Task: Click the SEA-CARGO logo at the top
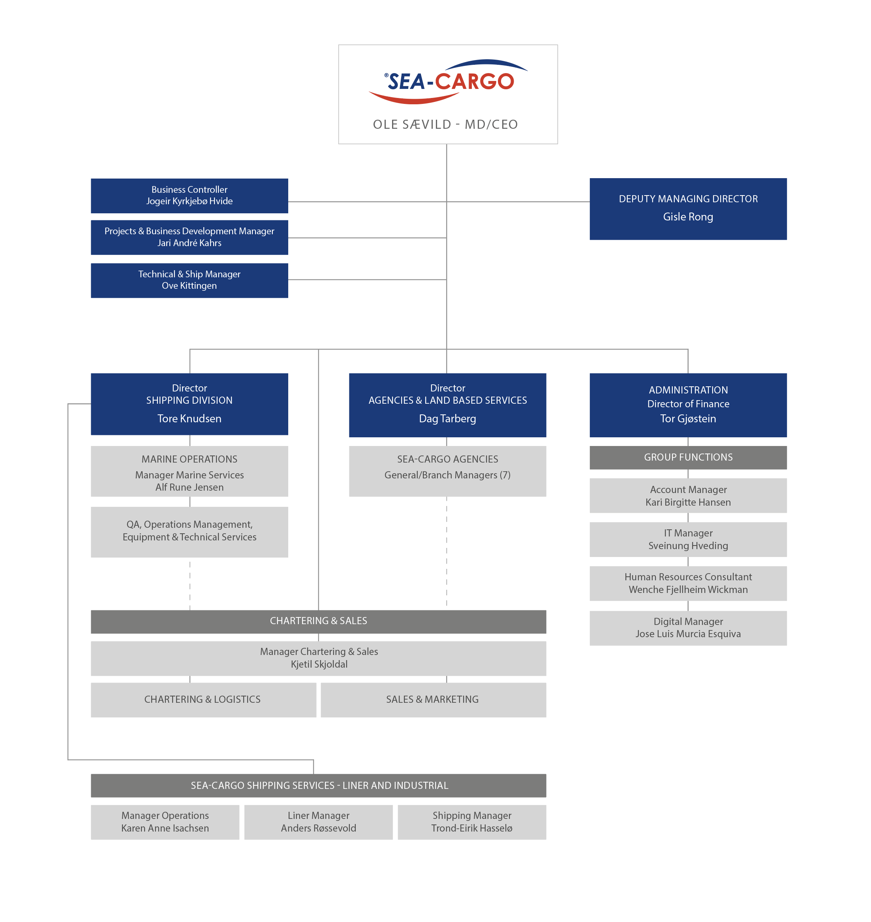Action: point(448,82)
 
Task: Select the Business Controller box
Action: point(190,196)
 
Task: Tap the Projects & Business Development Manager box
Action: point(190,237)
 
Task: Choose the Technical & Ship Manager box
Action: point(190,280)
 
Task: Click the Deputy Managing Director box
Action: point(688,209)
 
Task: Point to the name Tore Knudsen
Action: point(190,418)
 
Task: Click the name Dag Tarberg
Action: point(448,418)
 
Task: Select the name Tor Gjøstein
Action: point(688,418)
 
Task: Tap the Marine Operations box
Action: point(190,471)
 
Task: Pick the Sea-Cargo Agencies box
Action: point(448,471)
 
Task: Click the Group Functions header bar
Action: point(688,457)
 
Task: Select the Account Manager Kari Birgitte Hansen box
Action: point(688,496)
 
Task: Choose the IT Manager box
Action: point(688,539)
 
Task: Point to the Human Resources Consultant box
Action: point(688,583)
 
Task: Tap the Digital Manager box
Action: point(688,628)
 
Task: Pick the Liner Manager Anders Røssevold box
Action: point(319,822)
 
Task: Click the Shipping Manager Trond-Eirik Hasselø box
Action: point(472,822)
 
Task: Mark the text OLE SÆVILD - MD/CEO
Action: point(445,124)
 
